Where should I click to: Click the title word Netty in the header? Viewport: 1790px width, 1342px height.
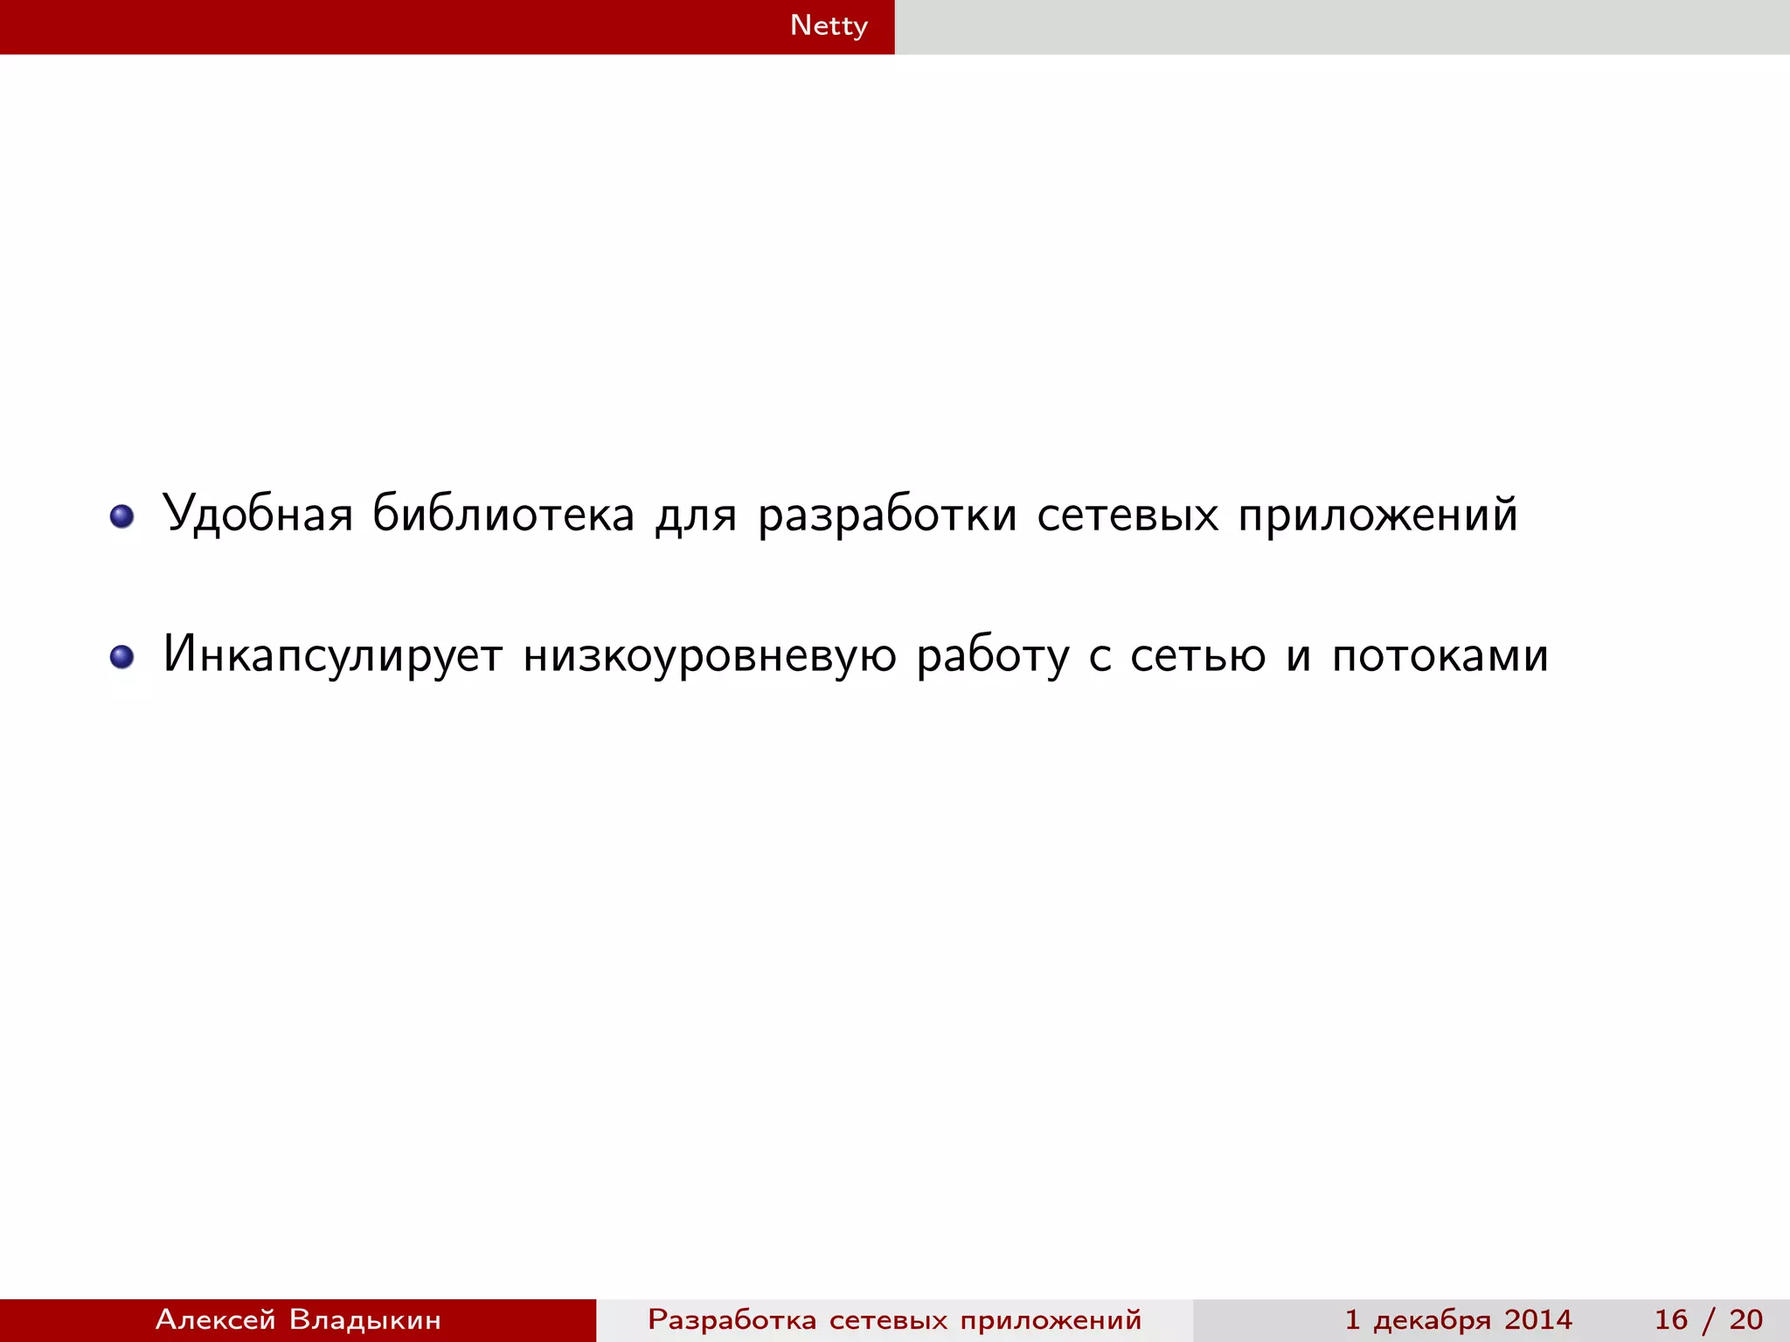click(829, 25)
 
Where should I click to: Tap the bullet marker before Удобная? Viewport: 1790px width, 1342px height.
click(122, 516)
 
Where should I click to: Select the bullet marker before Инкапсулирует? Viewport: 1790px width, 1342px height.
click(122, 657)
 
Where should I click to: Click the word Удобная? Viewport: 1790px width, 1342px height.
click(258, 514)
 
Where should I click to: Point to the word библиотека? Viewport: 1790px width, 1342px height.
click(503, 514)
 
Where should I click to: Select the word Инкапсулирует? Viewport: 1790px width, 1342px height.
click(333, 655)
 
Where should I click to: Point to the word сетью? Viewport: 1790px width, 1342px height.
click(1197, 655)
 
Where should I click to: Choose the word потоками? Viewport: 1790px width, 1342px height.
click(1440, 655)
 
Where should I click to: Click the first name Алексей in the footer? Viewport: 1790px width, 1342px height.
click(216, 1319)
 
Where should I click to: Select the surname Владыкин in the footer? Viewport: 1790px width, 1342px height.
click(365, 1319)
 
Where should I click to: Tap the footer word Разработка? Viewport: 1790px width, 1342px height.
click(732, 1319)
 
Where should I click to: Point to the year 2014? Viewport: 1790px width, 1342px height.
click(1537, 1319)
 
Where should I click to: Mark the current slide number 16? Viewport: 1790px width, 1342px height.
click(1671, 1319)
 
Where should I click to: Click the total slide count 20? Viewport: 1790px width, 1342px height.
click(1745, 1319)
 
